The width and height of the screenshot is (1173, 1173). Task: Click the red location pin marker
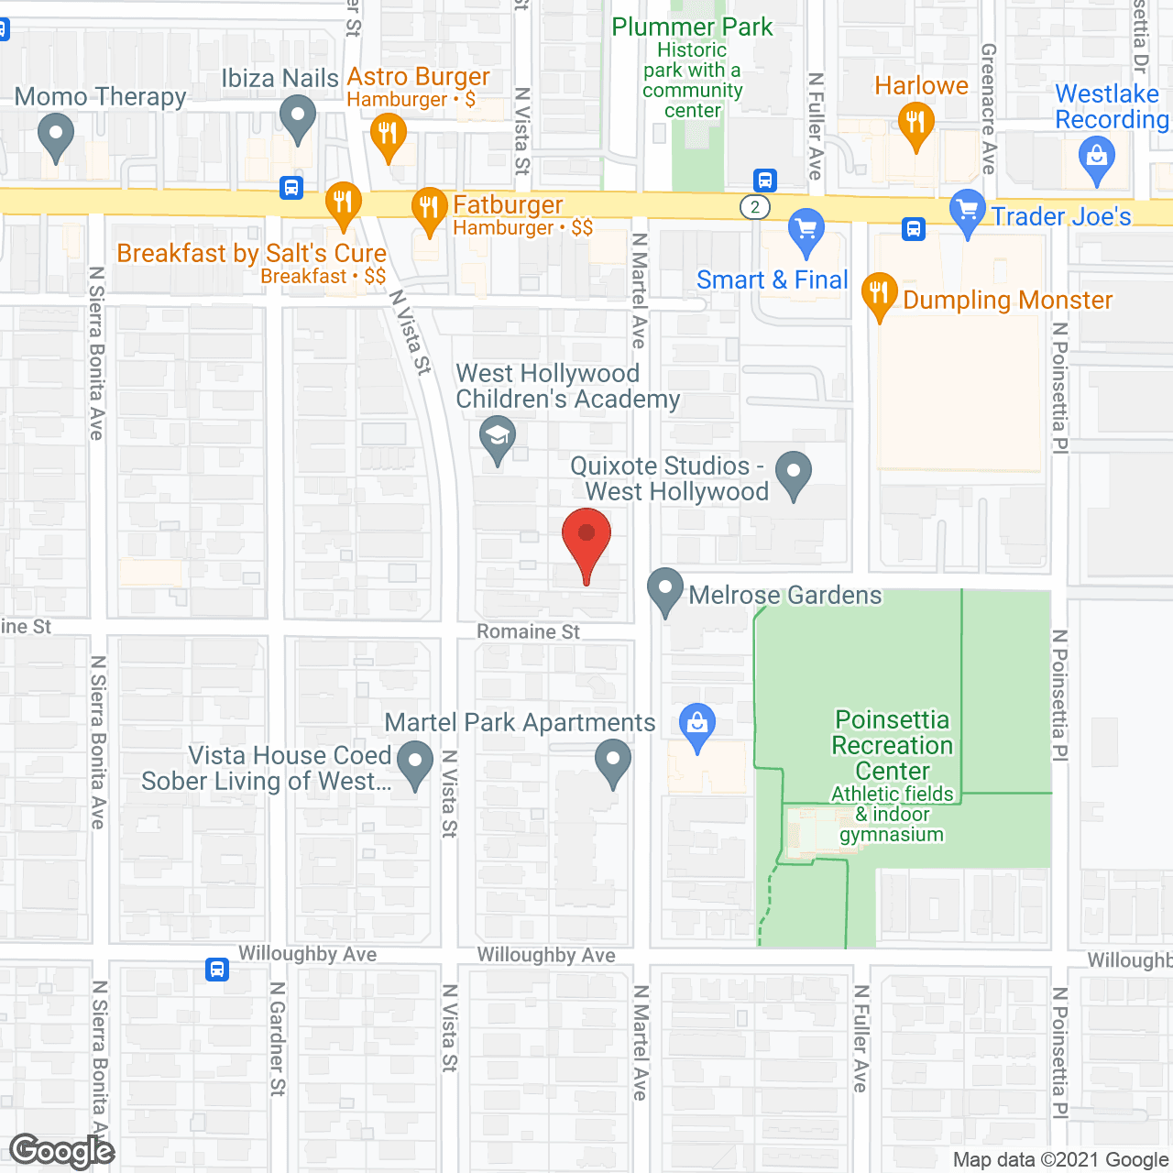pyautogui.click(x=586, y=536)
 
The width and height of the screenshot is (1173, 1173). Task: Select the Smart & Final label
pyautogui.click(x=772, y=280)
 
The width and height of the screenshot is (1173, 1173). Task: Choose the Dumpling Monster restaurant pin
pyautogui.click(x=879, y=294)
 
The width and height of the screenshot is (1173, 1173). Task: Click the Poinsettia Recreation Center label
pyautogui.click(x=893, y=745)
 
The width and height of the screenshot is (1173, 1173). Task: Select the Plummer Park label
pyautogui.click(x=692, y=27)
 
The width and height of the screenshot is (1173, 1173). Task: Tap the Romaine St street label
pyautogui.click(x=528, y=631)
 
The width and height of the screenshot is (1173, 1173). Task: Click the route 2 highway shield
pyautogui.click(x=755, y=207)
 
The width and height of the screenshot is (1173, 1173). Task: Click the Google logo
pyautogui.click(x=62, y=1151)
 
